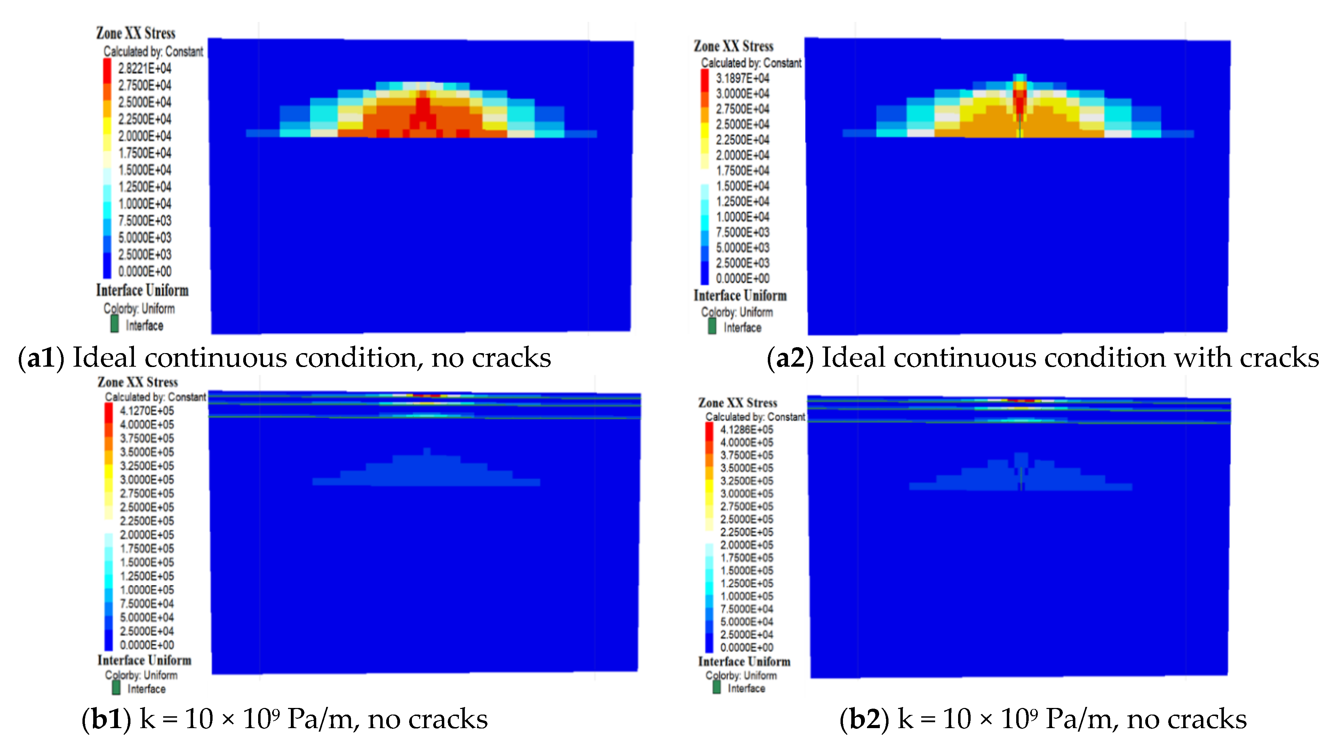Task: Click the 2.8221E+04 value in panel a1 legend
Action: pos(144,68)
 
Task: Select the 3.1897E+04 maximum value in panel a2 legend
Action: pos(742,78)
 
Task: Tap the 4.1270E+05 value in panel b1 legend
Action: pos(147,411)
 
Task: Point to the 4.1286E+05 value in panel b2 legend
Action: pos(746,430)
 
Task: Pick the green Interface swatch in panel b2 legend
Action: pos(716,687)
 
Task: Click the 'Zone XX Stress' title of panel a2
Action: pos(733,46)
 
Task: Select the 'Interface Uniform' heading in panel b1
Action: pos(144,660)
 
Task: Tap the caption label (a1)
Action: pos(41,358)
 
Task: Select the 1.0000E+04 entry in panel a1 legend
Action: pos(144,204)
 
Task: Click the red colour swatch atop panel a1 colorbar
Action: pos(107,70)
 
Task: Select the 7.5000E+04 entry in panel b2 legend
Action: pos(746,609)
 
